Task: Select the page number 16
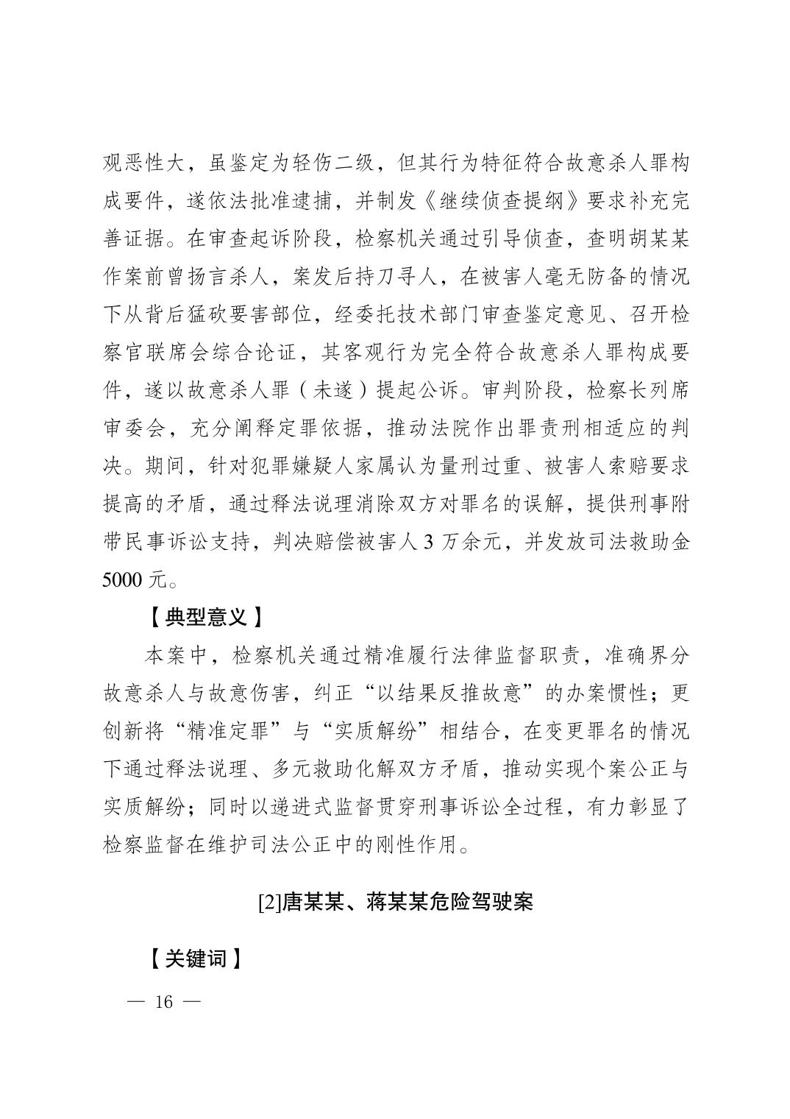click(163, 1002)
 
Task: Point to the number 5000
click(123, 580)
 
